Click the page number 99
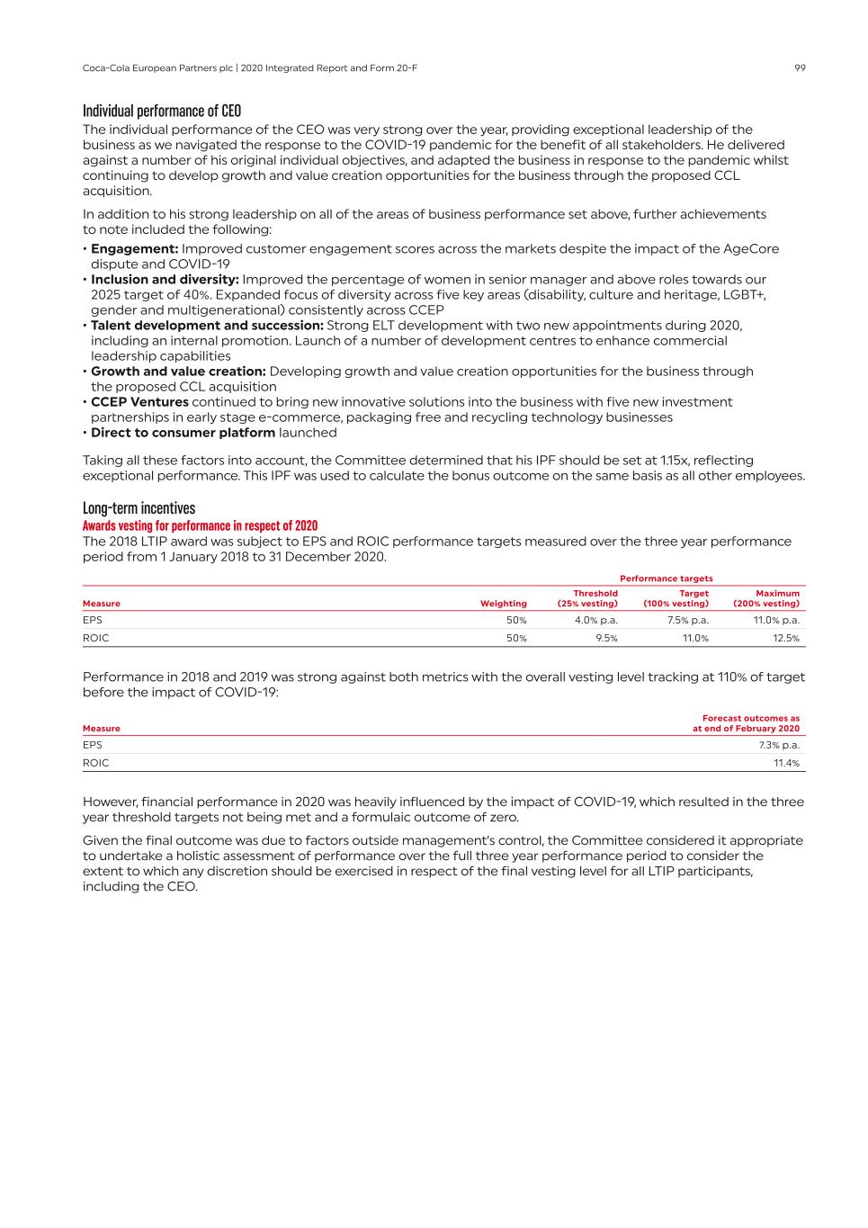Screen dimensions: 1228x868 (800, 68)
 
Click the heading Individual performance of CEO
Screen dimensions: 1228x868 (162, 111)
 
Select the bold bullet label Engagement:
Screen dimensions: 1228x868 (134, 248)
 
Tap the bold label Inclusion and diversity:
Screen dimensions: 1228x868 (165, 280)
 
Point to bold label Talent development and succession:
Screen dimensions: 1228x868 (207, 326)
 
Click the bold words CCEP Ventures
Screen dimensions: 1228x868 (139, 402)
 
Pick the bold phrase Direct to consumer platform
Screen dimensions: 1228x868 (183, 433)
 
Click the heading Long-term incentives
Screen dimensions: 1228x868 (139, 508)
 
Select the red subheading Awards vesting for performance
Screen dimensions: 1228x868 (200, 526)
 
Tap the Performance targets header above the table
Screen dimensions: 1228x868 (666, 578)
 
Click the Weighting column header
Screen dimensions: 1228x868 (503, 604)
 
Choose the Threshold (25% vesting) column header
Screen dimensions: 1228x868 (588, 598)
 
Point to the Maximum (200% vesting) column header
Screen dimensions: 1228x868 (766, 598)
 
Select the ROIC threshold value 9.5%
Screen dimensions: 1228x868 (606, 638)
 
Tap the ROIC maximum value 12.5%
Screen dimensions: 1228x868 (785, 638)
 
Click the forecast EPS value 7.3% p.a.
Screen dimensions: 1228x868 (778, 745)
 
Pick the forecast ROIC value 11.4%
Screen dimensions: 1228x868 (786, 763)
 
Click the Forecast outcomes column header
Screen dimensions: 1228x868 (746, 723)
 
